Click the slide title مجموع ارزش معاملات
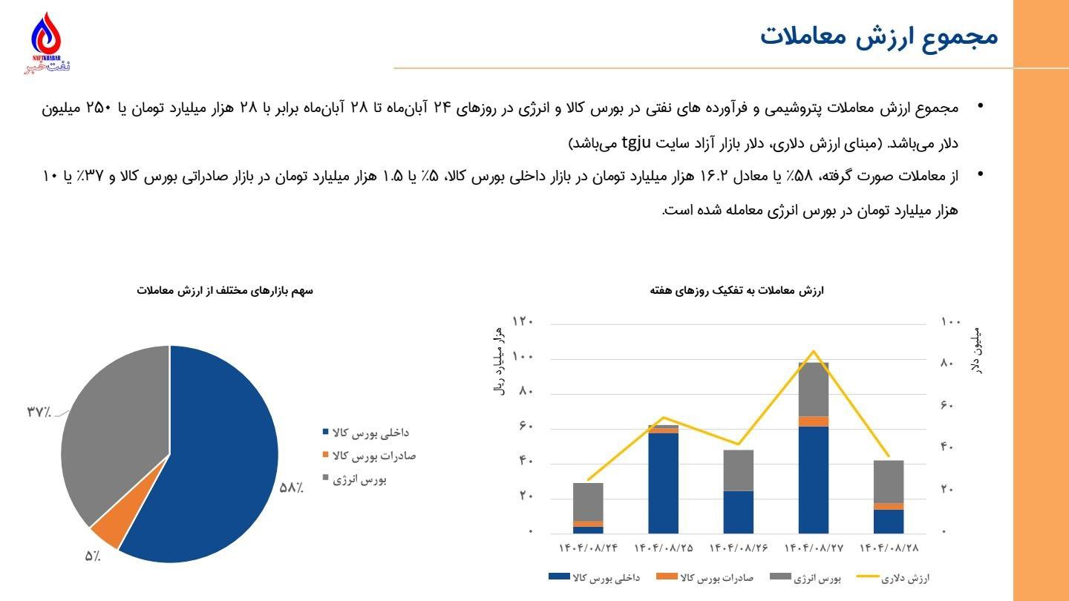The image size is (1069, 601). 879,36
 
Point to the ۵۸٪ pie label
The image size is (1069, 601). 291,487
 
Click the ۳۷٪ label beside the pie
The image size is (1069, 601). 39,412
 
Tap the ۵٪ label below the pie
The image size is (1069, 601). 92,556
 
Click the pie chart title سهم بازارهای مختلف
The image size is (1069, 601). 225,291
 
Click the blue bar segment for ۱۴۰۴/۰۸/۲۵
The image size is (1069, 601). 663,482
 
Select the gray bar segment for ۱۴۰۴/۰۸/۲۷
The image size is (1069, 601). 813,390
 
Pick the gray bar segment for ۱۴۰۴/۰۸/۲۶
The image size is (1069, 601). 738,470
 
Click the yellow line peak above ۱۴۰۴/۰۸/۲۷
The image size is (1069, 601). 814,351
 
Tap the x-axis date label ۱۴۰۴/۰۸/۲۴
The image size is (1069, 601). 588,548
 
